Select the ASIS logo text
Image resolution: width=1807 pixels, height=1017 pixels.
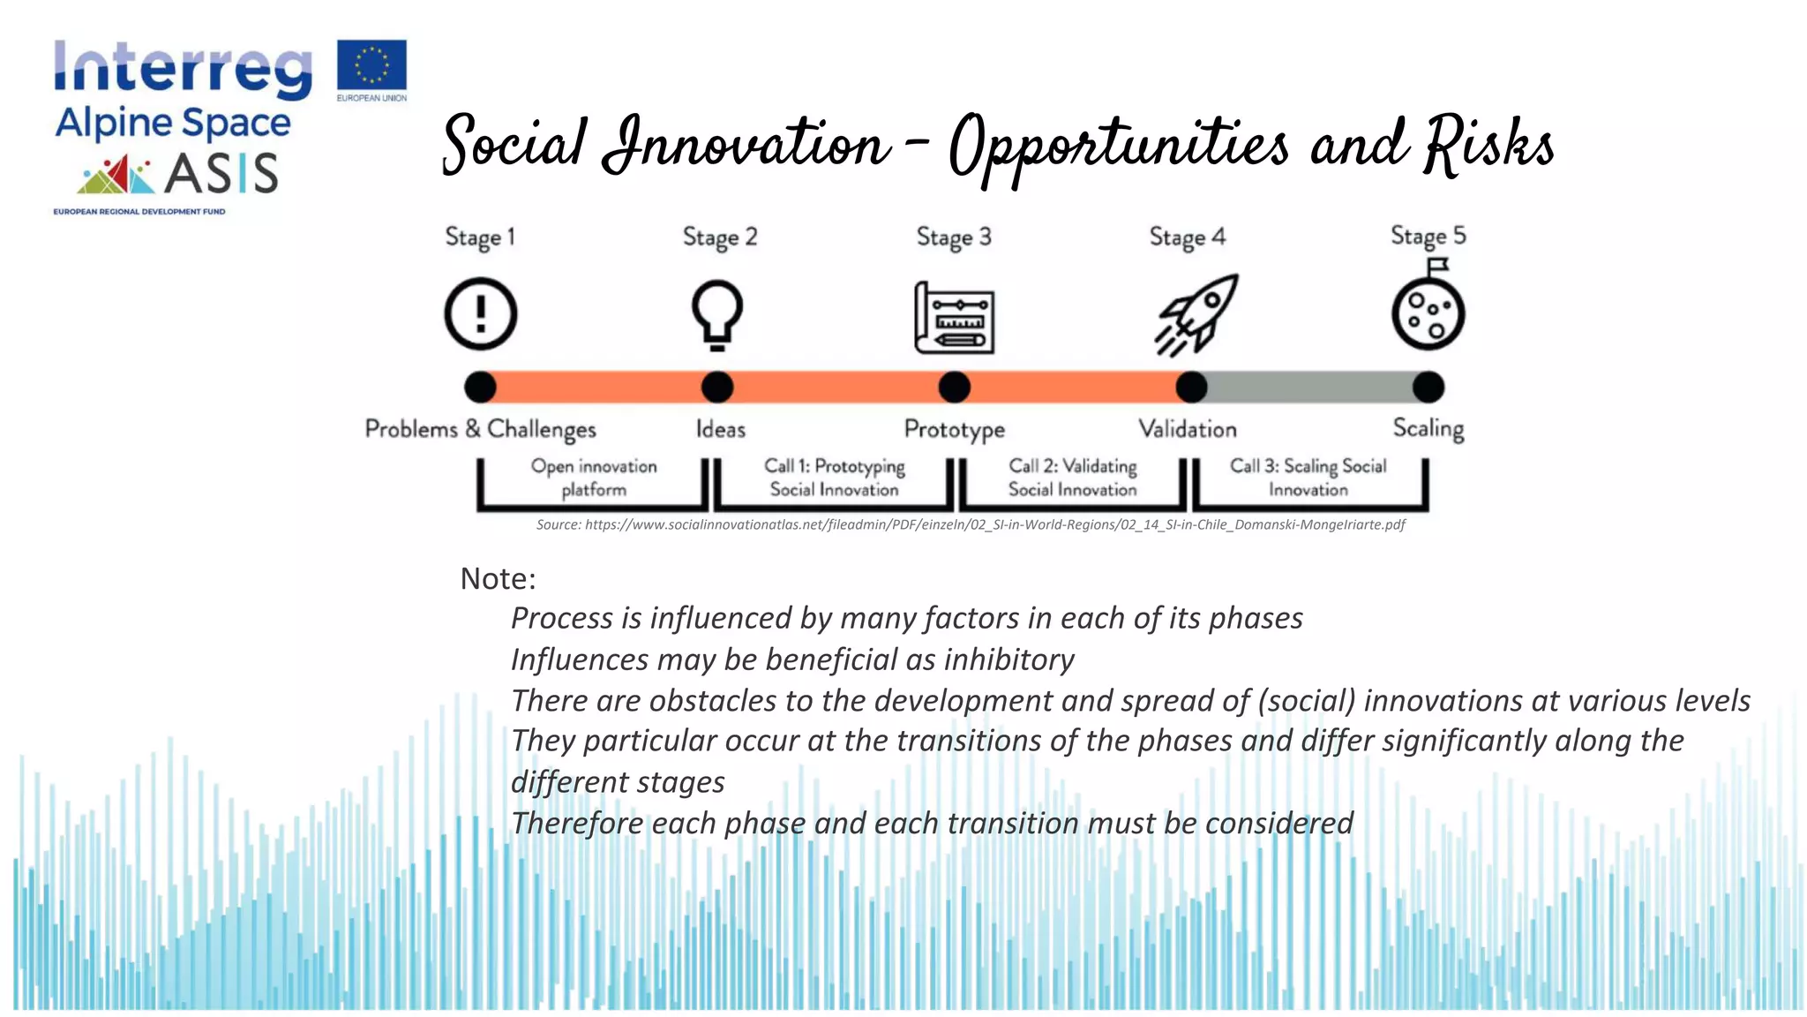221,173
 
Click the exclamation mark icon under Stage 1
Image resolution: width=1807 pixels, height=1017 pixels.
480,313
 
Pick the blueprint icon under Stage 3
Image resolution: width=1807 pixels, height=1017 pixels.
954,319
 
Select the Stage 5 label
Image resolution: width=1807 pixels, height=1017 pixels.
1428,236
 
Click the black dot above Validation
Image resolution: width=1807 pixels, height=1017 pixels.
1191,387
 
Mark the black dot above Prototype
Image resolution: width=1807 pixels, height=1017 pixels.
954,387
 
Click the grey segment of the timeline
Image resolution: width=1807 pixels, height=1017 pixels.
1309,387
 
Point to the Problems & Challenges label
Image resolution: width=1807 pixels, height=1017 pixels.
480,429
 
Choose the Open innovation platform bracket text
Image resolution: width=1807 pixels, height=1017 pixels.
593,478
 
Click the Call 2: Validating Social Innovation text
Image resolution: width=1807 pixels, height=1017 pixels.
1072,478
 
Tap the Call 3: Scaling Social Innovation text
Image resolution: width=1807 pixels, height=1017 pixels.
1308,478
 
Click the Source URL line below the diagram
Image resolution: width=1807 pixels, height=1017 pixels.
971,524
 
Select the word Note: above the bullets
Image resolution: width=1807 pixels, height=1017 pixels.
498,579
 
